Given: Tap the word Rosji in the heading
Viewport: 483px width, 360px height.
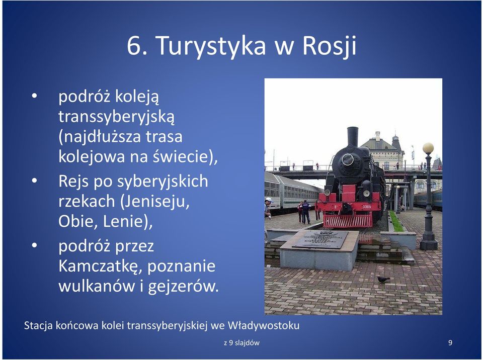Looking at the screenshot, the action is click(x=329, y=46).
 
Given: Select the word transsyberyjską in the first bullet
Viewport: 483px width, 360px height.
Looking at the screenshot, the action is click(x=116, y=117).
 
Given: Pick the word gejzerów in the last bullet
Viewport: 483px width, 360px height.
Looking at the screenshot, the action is click(x=183, y=287).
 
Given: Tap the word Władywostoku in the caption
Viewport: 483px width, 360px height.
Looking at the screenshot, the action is click(x=263, y=325).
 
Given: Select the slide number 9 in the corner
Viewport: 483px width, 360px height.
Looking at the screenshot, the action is click(x=450, y=342).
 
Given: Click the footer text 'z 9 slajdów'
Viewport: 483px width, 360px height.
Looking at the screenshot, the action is click(x=242, y=342).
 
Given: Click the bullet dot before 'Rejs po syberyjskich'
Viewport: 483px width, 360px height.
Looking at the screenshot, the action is click(x=34, y=181).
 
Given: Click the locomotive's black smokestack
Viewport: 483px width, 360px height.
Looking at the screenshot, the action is click(x=353, y=137).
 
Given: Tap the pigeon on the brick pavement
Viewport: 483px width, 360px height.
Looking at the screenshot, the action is click(x=383, y=280).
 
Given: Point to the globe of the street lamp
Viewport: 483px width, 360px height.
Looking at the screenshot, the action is click(x=428, y=148).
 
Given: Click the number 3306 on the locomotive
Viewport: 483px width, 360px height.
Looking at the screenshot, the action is click(x=367, y=207).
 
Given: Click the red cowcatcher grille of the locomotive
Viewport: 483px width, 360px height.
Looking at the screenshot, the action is click(x=348, y=221).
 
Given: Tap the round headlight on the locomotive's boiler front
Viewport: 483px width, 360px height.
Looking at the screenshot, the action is click(x=348, y=159).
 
